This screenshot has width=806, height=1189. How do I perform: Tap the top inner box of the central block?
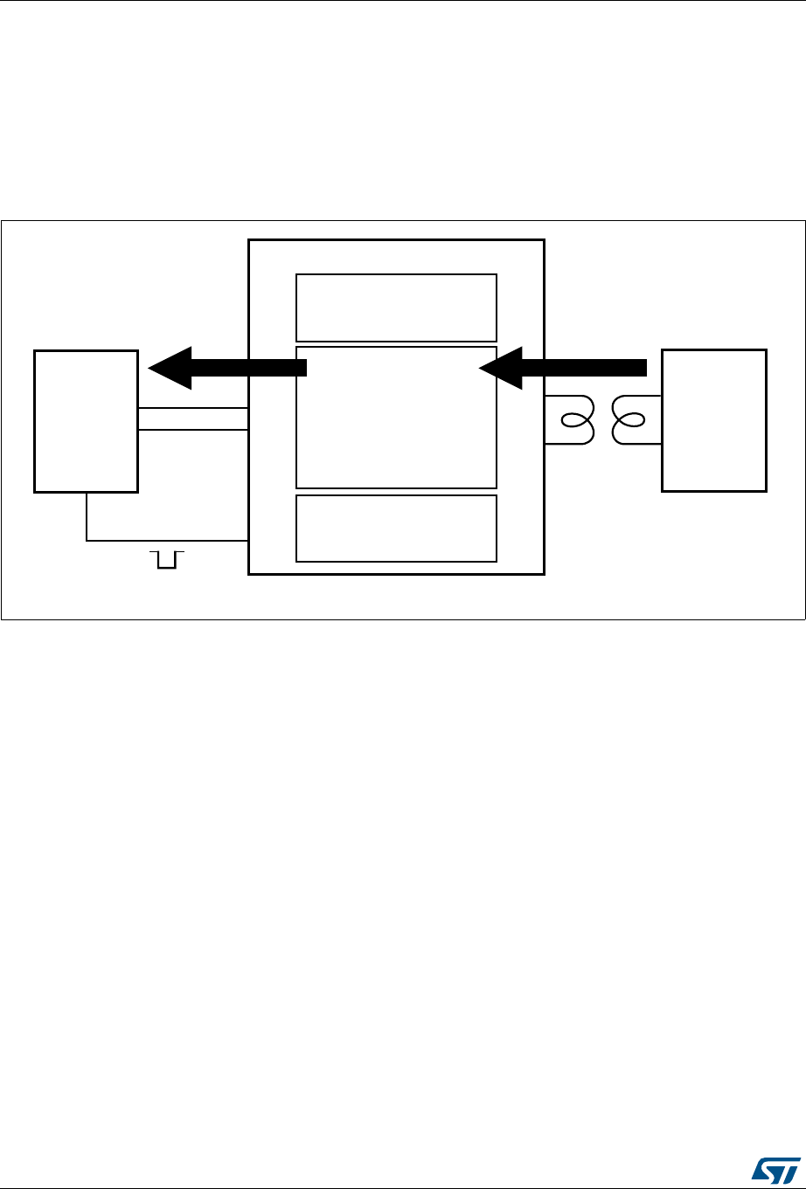(x=396, y=307)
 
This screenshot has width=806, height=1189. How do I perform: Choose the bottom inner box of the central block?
(x=396, y=528)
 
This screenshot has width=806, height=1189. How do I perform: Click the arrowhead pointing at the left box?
(x=170, y=368)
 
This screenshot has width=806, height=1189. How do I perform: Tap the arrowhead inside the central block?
(x=501, y=368)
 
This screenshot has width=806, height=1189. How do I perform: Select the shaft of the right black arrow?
(x=586, y=368)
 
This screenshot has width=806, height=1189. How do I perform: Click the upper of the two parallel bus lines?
(x=193, y=408)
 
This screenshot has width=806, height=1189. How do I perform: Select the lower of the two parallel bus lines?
(x=193, y=430)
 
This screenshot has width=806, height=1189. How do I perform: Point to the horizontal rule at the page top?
(x=403, y=1)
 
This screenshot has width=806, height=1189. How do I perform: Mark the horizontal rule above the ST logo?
(x=403, y=1187)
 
